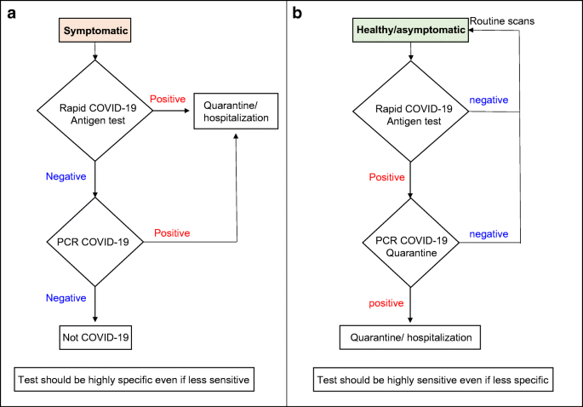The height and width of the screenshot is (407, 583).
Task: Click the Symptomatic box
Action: pyautogui.click(x=94, y=30)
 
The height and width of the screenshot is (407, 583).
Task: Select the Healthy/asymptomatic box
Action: pyautogui.click(x=410, y=30)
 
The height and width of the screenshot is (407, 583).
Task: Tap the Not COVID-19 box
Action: pyautogui.click(x=95, y=337)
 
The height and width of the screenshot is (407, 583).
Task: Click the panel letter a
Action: pyautogui.click(x=12, y=14)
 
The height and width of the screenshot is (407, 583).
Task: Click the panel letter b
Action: pyautogui.click(x=297, y=13)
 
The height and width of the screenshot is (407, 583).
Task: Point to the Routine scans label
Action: pyautogui.click(x=502, y=21)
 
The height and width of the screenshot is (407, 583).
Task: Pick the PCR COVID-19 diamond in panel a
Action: pyautogui.click(x=94, y=242)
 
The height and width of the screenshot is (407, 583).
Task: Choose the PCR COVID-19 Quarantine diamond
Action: pyautogui.click(x=410, y=243)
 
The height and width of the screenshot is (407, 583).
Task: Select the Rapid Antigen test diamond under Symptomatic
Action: pyautogui.click(x=94, y=111)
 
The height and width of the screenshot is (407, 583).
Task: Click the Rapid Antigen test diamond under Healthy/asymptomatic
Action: pyautogui.click(x=410, y=112)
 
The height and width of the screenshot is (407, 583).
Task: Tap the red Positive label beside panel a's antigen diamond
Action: pyautogui.click(x=168, y=99)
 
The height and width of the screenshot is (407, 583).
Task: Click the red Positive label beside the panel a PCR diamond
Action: pyautogui.click(x=172, y=233)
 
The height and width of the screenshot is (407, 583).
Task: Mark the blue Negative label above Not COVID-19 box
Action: pyautogui.click(x=66, y=298)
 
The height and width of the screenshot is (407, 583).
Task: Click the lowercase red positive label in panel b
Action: pyautogui.click(x=386, y=303)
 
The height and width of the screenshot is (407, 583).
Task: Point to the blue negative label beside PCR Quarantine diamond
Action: pyautogui.click(x=489, y=234)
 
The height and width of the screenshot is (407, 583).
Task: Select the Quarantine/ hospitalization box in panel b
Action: pyautogui.click(x=410, y=337)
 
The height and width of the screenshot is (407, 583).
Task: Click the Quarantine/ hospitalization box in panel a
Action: pyautogui.click(x=236, y=112)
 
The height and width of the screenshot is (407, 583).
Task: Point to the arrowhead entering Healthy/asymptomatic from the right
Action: pyautogui.click(x=471, y=30)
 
